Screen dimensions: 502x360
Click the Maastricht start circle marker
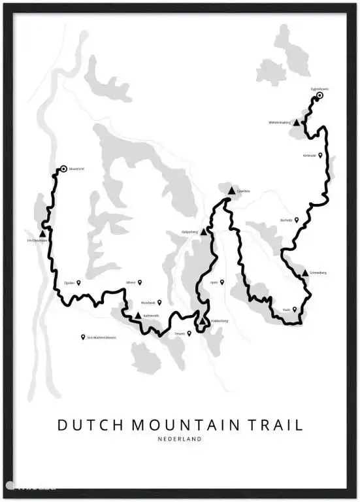[x=63, y=169]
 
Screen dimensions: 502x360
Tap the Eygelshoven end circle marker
[x=319, y=96]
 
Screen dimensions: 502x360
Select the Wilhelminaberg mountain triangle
[x=297, y=122]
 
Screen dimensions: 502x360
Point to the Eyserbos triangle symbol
[x=231, y=190]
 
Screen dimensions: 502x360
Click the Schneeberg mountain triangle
[x=305, y=273]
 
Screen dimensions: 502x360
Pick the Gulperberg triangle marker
[x=203, y=231]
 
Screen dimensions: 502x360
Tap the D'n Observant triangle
[x=42, y=233]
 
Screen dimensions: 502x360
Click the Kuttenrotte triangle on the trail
[x=137, y=316]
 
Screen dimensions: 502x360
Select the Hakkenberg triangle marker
[x=203, y=322]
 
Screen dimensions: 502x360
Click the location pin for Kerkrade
[x=320, y=156]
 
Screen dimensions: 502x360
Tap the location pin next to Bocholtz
[x=297, y=220]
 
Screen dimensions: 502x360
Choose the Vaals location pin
[x=294, y=310]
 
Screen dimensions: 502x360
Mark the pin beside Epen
[x=222, y=282]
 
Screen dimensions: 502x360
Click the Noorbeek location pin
[x=159, y=303]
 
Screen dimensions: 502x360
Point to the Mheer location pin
[x=139, y=282]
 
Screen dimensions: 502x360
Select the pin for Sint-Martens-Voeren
[x=83, y=337]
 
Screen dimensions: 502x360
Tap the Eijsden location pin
[x=79, y=283]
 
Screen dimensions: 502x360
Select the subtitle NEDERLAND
[x=180, y=439]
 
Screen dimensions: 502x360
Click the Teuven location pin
[x=189, y=333]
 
